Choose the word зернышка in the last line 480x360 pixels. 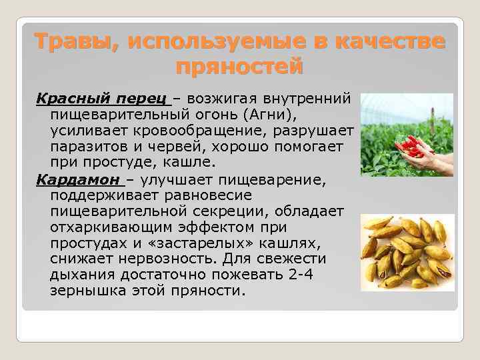(x=86, y=291)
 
